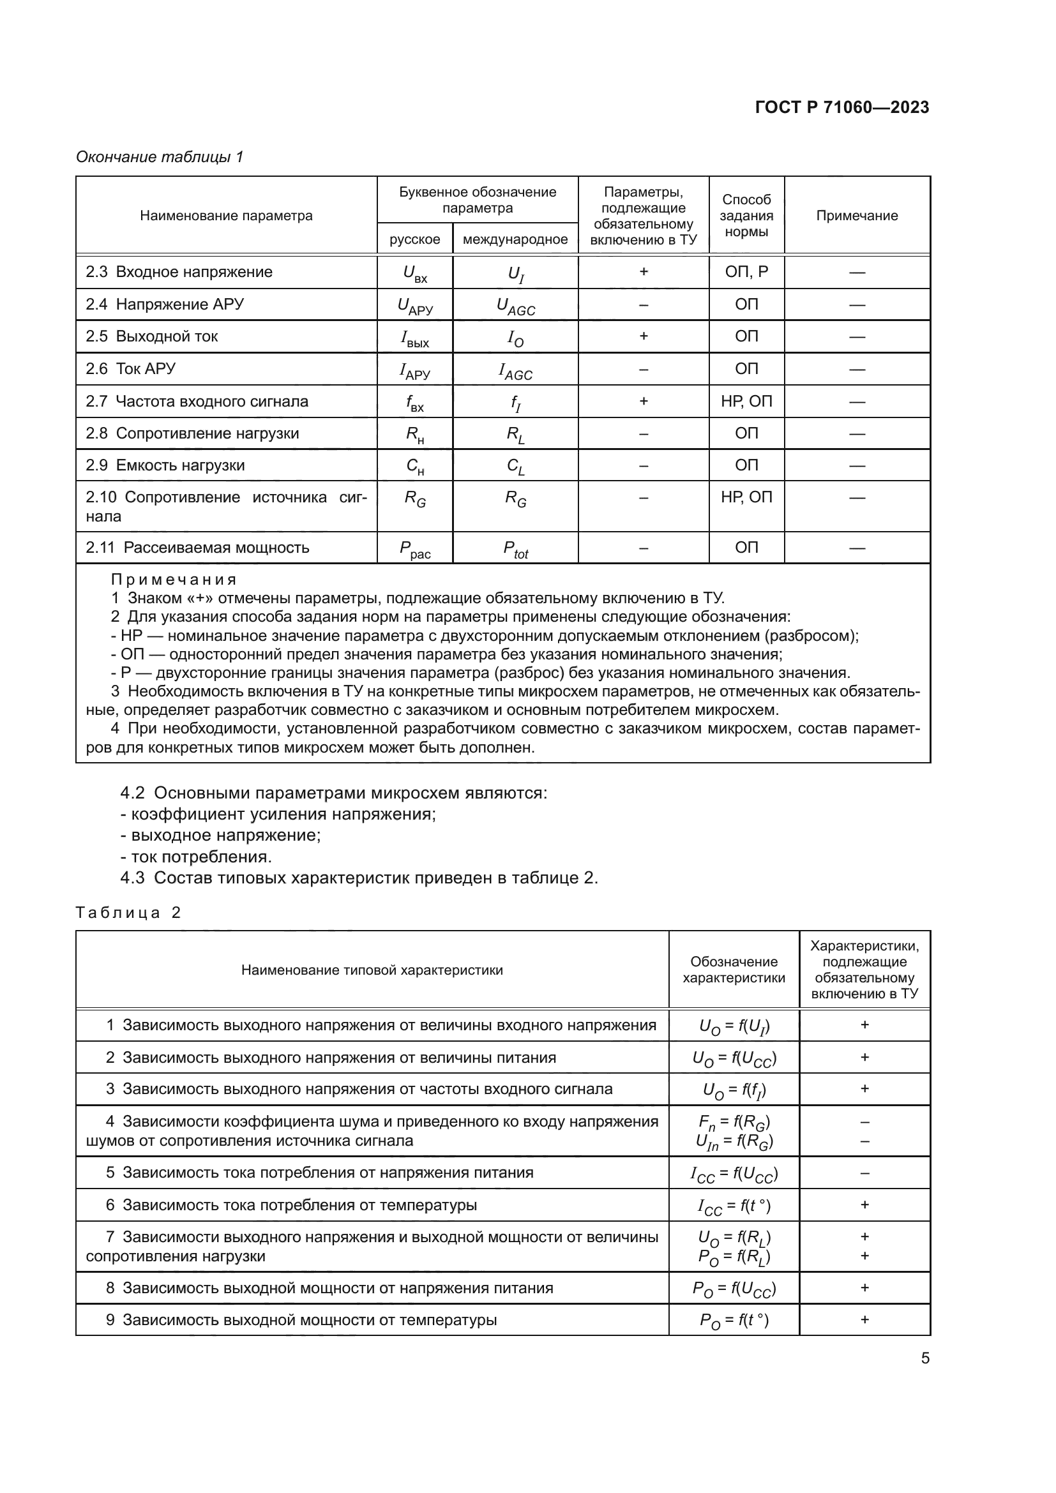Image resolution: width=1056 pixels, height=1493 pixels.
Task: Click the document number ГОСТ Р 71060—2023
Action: click(841, 108)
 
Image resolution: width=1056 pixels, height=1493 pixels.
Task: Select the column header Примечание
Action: click(856, 216)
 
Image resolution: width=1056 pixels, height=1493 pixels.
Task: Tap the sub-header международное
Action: click(515, 239)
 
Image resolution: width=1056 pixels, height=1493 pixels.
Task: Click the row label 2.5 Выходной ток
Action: click(152, 336)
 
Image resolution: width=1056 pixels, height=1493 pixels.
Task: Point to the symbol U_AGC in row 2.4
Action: click(515, 306)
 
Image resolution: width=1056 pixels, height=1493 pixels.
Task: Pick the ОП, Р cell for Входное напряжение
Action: click(746, 272)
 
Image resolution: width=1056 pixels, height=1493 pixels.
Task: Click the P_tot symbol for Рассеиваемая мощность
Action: click(515, 550)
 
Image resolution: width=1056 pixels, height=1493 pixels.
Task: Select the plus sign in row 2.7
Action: click(643, 401)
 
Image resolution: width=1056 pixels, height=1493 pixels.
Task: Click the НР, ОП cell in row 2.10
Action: click(746, 497)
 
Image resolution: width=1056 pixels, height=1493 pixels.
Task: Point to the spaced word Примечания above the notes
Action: click(174, 579)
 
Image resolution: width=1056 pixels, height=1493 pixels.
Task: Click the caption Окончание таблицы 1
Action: click(160, 157)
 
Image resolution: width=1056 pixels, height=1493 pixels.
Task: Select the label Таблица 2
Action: click(128, 912)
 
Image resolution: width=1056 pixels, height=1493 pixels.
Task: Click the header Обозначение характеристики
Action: click(734, 970)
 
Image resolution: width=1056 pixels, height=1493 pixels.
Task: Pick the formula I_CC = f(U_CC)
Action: click(734, 1174)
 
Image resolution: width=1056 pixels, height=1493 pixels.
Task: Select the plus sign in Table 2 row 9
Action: click(864, 1319)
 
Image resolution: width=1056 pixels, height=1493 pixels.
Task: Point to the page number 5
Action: click(924, 1358)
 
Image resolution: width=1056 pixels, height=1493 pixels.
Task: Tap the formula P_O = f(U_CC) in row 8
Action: click(734, 1289)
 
